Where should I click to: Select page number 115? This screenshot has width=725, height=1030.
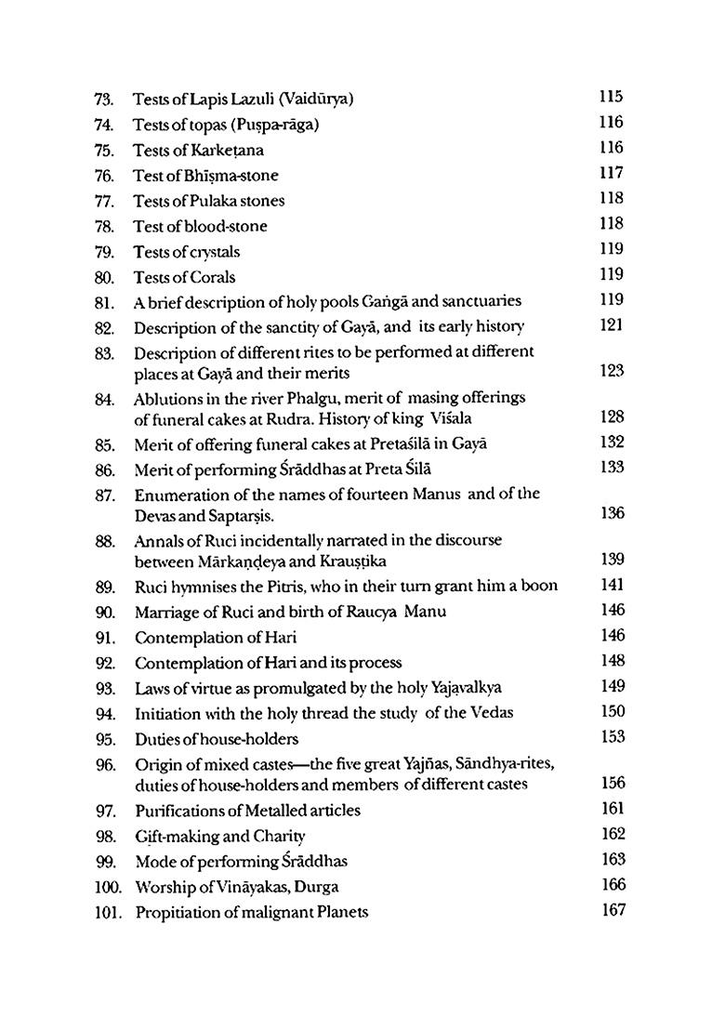[612, 97]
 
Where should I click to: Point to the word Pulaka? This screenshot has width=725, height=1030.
[206, 201]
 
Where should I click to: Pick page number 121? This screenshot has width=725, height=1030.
[612, 325]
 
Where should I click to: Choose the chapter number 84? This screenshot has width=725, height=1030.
[104, 399]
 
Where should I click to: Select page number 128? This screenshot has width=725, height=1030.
[612, 417]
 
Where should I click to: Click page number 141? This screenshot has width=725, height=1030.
[612, 585]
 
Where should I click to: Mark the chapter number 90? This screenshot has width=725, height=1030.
[104, 613]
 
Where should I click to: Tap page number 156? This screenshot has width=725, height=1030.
[613, 783]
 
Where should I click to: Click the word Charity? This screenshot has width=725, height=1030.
[274, 836]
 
